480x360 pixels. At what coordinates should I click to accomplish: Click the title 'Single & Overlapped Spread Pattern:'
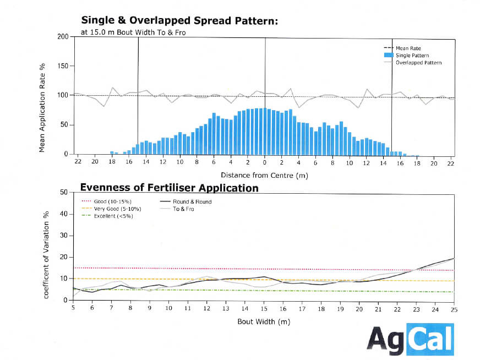tap(179, 21)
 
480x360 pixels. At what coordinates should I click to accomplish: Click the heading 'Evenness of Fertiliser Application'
tap(170, 188)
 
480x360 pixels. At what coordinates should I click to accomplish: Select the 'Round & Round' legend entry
tap(192, 201)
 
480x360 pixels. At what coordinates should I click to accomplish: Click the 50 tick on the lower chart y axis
tap(64, 192)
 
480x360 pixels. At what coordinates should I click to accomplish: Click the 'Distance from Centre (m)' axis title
tap(264, 176)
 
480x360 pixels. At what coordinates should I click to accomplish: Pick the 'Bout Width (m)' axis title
tap(264, 321)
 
